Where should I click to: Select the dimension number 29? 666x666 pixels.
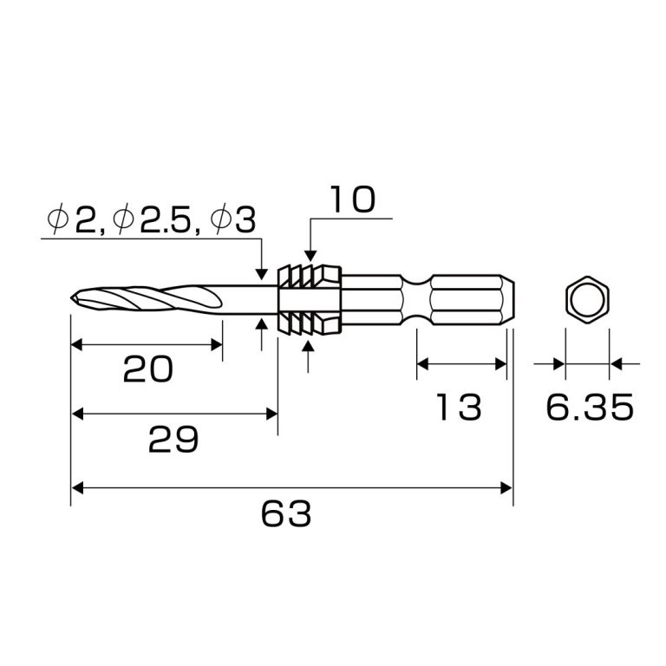pyautogui.click(x=173, y=441)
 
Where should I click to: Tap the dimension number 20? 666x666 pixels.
pyautogui.click(x=147, y=370)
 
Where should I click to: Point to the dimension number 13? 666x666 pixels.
pyautogui.click(x=459, y=407)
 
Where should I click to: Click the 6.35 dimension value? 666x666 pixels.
pyautogui.click(x=589, y=407)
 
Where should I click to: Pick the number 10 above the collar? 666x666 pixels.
pyautogui.click(x=351, y=199)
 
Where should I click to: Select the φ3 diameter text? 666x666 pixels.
pyautogui.click(x=233, y=221)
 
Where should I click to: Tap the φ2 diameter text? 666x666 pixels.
pyautogui.click(x=74, y=221)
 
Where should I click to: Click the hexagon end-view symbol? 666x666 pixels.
pyautogui.click(x=587, y=301)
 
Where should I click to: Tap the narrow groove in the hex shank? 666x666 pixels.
pyautogui.click(x=417, y=300)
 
